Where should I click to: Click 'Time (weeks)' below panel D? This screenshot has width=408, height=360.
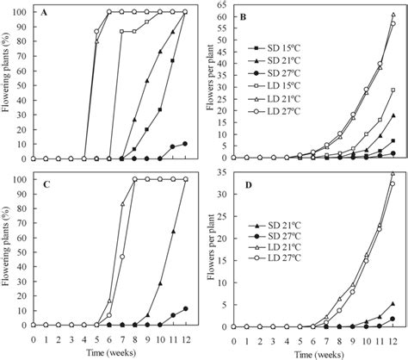[x=317, y=352]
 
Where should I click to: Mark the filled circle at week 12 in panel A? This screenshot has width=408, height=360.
[x=185, y=144]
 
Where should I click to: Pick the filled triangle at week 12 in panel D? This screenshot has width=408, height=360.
[x=393, y=304]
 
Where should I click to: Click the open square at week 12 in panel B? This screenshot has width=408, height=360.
[x=393, y=90]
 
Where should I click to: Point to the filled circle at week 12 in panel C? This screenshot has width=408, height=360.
[x=185, y=308]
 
